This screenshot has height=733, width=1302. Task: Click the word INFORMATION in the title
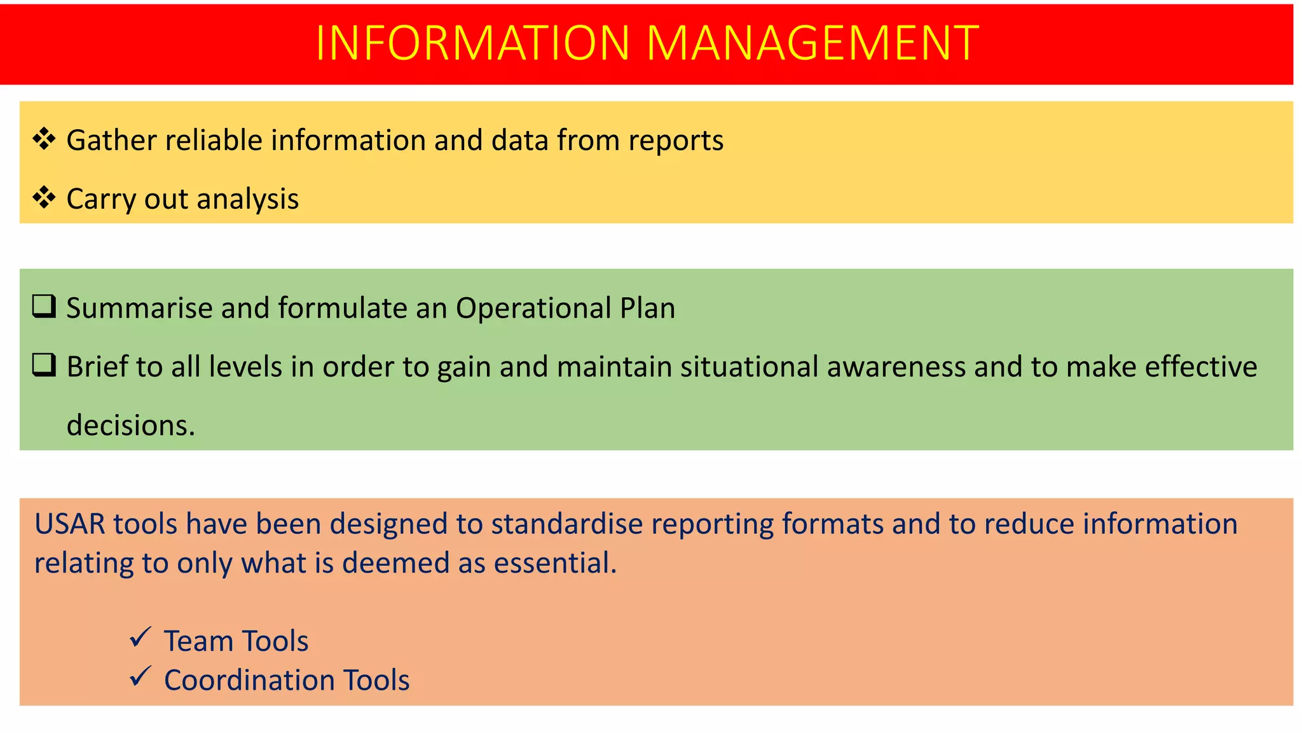click(472, 43)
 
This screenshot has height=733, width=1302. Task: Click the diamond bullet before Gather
click(44, 139)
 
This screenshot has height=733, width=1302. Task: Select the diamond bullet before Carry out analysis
click(44, 197)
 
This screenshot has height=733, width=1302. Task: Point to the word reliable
click(214, 141)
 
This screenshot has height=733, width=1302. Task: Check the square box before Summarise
click(44, 306)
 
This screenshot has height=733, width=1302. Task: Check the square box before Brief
click(44, 365)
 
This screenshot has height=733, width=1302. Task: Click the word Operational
click(533, 309)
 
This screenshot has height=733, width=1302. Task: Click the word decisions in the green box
click(130, 425)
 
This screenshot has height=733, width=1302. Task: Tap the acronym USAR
click(70, 524)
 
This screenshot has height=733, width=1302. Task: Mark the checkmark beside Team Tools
click(140, 637)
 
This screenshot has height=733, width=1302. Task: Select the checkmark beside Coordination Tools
click(140, 676)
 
